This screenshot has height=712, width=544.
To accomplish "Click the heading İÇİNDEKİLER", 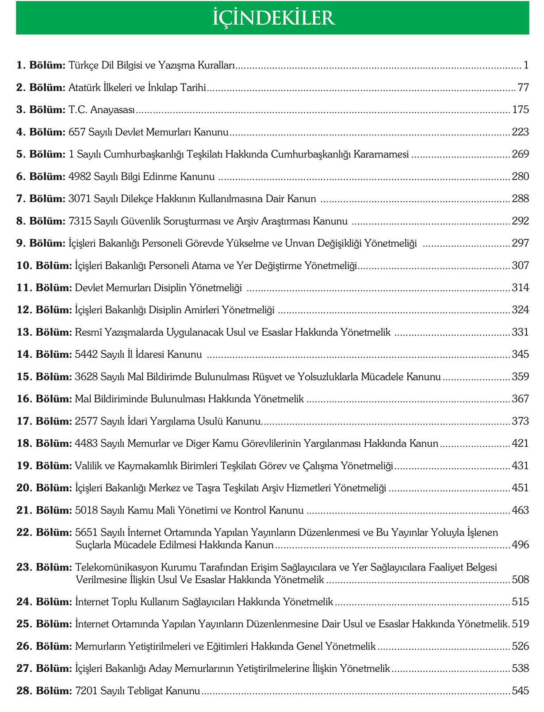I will click(x=273, y=18).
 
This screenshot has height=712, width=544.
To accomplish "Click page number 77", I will click(x=523, y=88).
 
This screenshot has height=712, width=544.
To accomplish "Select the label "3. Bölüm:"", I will click(x=41, y=110).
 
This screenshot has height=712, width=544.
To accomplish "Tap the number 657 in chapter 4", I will click(x=77, y=132).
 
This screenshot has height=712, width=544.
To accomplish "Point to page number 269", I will click(x=520, y=154).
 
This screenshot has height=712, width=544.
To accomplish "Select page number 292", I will click(x=520, y=221).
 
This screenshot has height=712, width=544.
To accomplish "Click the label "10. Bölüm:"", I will click(x=44, y=265).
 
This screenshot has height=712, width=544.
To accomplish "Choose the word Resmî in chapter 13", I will click(x=88, y=332).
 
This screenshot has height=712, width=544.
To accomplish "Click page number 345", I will click(x=520, y=354).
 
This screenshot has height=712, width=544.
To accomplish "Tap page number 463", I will click(x=520, y=510).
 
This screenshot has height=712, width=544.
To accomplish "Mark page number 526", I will click(x=520, y=646).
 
